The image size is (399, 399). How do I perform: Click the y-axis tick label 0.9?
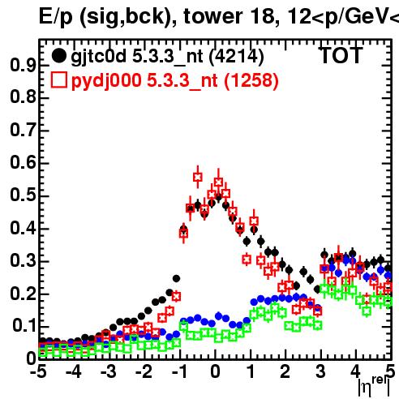(x=23, y=65)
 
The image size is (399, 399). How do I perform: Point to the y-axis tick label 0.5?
(x=23, y=195)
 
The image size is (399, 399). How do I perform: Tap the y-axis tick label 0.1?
(x=24, y=326)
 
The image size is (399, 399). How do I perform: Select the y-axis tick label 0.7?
(x=23, y=131)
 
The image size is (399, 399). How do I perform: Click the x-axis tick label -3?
(x=109, y=372)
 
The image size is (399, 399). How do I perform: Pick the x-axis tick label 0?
(x=215, y=372)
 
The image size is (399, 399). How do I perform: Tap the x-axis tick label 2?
(x=285, y=372)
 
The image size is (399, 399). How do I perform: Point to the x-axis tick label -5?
(x=39, y=372)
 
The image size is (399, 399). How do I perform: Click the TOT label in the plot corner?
(x=341, y=56)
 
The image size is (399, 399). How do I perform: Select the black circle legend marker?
(x=58, y=56)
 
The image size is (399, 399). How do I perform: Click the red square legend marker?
(x=58, y=80)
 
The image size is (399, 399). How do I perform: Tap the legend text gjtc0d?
(x=99, y=58)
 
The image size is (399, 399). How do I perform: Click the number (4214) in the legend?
(x=237, y=57)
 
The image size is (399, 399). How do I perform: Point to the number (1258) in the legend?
(x=251, y=81)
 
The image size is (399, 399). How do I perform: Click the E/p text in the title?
(x=56, y=17)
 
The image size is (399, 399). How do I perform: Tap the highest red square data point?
(x=198, y=178)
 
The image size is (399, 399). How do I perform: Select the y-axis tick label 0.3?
(x=23, y=261)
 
